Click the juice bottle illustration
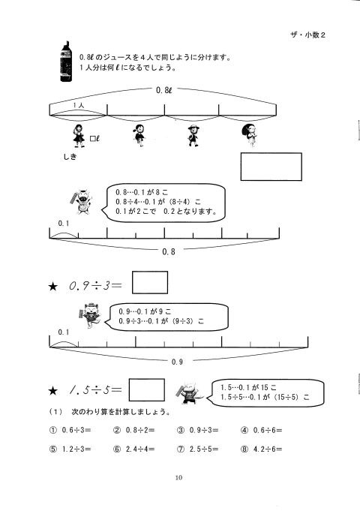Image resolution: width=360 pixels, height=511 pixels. tap(66, 62)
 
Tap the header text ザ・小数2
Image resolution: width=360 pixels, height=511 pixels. tap(307, 35)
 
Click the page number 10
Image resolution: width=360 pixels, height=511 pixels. tap(178, 478)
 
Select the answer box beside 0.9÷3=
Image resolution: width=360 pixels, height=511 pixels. tap(150, 282)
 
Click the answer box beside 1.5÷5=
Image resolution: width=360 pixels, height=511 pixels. tap(146, 389)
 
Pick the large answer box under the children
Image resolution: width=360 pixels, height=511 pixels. tap(271, 167)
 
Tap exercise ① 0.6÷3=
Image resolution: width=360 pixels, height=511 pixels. tap(70, 430)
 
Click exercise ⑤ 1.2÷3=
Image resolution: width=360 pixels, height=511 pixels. tap(70, 449)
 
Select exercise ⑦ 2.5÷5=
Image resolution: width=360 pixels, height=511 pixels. tap(198, 449)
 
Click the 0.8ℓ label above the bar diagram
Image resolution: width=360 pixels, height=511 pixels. tap(163, 90)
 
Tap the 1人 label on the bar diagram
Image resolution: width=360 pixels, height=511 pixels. tap(79, 105)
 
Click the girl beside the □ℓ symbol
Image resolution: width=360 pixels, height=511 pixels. tap(79, 136)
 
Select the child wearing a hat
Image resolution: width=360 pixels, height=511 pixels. tap(193, 136)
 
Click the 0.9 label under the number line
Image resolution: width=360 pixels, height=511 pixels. tap(177, 362)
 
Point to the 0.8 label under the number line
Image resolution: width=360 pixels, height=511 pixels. tap(169, 251)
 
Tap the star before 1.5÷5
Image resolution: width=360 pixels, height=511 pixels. tap(52, 390)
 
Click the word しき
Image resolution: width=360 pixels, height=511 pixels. tap(70, 157)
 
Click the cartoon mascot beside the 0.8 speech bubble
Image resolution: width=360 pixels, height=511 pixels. tap(82, 202)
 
